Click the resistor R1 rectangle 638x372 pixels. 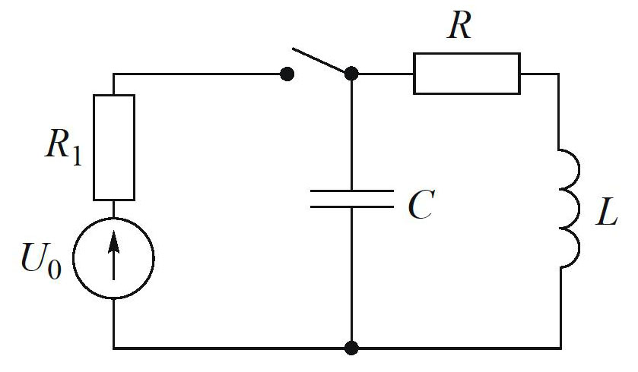[x=114, y=147]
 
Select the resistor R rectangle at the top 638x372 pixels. [x=467, y=73]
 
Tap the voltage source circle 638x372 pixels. [x=114, y=257]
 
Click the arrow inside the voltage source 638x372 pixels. [x=114, y=254]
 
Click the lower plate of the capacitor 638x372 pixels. [x=351, y=207]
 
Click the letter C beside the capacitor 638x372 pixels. [x=420, y=205]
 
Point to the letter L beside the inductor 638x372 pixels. [x=606, y=216]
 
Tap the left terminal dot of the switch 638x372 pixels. [x=287, y=74]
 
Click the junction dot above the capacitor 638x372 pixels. [x=351, y=74]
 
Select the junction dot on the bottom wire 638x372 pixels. [x=351, y=348]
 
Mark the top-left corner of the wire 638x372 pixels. [x=114, y=74]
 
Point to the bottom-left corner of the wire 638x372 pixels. [x=114, y=348]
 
